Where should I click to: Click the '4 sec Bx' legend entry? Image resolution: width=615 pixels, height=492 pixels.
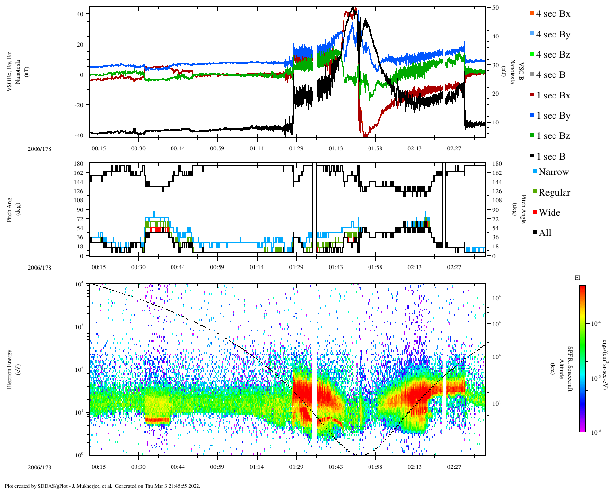(553, 14)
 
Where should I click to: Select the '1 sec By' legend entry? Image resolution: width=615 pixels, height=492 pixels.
(553, 116)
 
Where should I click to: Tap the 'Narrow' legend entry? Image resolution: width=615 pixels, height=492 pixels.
(553, 172)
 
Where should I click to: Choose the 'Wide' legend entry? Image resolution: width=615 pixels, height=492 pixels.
(549, 213)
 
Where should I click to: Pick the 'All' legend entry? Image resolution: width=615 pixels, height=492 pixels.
(544, 233)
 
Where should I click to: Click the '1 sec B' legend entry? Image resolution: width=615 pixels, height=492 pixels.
(550, 157)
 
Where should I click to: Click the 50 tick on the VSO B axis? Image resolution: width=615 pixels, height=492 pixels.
(495, 8)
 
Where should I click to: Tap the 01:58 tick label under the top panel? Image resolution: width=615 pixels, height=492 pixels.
(375, 148)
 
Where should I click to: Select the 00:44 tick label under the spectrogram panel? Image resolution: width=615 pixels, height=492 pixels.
(178, 467)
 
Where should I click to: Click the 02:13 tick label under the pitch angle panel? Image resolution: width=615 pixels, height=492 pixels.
(415, 267)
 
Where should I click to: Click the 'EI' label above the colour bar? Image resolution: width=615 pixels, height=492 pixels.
(578, 278)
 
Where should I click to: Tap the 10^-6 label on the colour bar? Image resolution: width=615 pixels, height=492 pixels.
(596, 432)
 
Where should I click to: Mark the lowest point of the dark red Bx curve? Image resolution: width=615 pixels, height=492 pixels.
(365, 135)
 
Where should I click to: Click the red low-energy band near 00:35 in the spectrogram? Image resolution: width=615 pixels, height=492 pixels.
(157, 420)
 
